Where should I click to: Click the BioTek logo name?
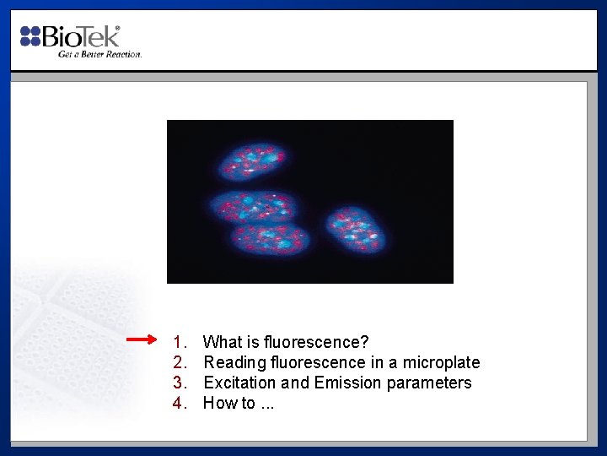[x=80, y=36]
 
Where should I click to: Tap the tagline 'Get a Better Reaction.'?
[x=99, y=54]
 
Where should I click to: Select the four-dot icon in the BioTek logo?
[x=30, y=35]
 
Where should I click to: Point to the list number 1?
[x=179, y=342]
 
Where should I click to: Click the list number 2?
[x=179, y=362]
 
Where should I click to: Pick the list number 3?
[x=179, y=383]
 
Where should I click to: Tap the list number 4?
[x=179, y=403]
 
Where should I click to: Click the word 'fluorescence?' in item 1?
[x=316, y=342]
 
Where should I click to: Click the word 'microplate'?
[x=441, y=362]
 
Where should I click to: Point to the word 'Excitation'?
[x=239, y=383]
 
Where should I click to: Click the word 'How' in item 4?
[x=220, y=403]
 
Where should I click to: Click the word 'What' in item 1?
[x=223, y=342]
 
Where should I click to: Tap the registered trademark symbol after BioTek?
[x=117, y=29]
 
